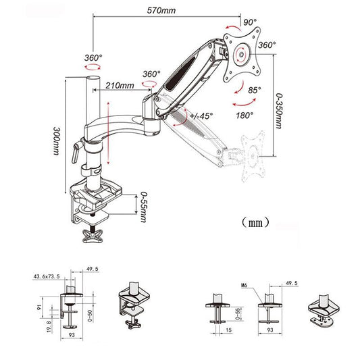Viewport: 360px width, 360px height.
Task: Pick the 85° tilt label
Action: [x=255, y=90]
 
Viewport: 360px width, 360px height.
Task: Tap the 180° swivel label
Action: [x=246, y=115]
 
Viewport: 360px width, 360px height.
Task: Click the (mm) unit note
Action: [x=254, y=222]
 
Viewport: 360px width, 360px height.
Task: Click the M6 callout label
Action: [x=245, y=284]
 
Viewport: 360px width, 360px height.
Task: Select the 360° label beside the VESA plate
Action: [x=267, y=45]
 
